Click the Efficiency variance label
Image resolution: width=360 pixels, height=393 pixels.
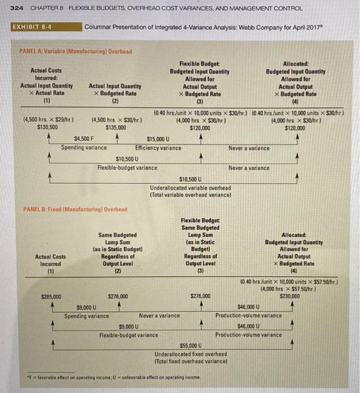[x=159, y=148]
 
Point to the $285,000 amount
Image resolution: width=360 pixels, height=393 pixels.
[x=52, y=296]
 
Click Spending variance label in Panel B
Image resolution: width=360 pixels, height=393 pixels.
[x=86, y=316]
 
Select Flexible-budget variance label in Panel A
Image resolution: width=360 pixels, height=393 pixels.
[x=127, y=167]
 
